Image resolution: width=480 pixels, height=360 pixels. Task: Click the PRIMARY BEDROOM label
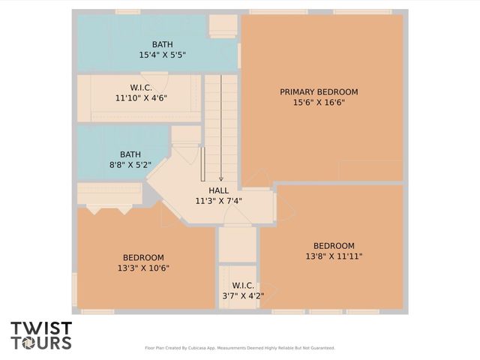pyautogui.click(x=319, y=92)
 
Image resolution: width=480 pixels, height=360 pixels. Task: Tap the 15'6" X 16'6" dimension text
pyautogui.click(x=319, y=103)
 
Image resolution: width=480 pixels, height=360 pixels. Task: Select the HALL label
pyautogui.click(x=219, y=190)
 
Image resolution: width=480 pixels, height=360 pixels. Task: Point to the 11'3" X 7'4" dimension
pyautogui.click(x=219, y=201)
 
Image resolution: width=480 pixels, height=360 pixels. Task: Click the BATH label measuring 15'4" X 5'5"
pyautogui.click(x=162, y=44)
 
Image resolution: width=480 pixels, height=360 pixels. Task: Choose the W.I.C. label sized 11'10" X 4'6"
pyautogui.click(x=141, y=88)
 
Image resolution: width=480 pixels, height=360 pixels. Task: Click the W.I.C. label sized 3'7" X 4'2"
pyautogui.click(x=243, y=286)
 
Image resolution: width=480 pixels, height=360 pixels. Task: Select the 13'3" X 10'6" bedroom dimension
pyautogui.click(x=143, y=268)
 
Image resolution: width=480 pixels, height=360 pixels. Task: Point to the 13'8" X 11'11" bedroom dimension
pyautogui.click(x=334, y=256)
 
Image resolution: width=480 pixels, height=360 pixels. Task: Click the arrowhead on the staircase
pyautogui.click(x=221, y=178)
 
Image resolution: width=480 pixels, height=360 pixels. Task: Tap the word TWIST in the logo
pyautogui.click(x=41, y=328)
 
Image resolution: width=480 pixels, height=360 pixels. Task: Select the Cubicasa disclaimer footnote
pyautogui.click(x=240, y=348)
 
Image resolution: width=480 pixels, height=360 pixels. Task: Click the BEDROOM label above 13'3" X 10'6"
pyautogui.click(x=143, y=257)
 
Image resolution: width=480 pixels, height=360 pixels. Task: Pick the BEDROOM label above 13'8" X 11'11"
pyautogui.click(x=334, y=246)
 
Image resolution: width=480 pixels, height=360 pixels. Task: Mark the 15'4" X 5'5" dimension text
pyautogui.click(x=162, y=55)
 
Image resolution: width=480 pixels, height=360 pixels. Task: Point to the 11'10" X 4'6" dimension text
pyautogui.click(x=141, y=98)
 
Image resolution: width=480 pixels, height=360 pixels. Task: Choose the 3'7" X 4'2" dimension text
pyautogui.click(x=243, y=296)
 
